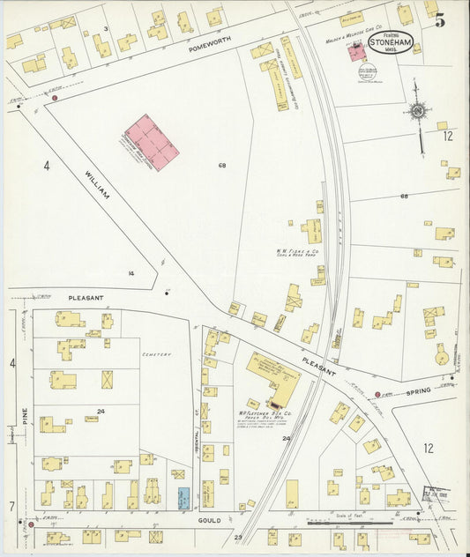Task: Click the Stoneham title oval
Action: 389,43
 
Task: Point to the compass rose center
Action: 417,111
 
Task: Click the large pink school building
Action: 152,142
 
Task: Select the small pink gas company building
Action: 356,52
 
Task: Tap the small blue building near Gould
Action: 184,496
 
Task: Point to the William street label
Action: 97,183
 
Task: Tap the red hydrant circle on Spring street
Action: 378,393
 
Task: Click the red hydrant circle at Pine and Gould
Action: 31,525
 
